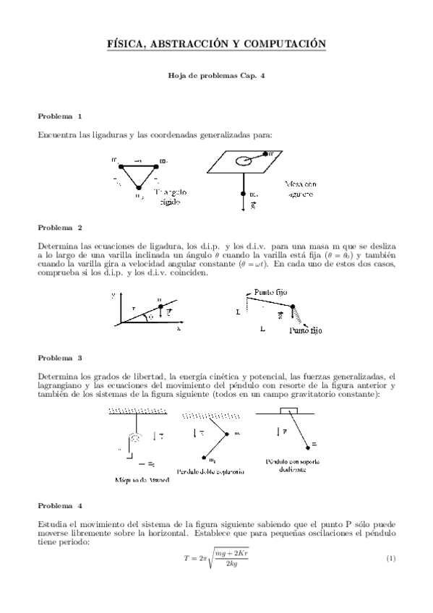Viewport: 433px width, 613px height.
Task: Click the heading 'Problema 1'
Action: (60, 116)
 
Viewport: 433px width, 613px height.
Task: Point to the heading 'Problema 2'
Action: (60, 228)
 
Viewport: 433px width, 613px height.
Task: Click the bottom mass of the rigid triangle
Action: (139, 188)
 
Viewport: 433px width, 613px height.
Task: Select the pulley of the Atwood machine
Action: (133, 437)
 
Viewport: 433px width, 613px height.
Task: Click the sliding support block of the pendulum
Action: (288, 411)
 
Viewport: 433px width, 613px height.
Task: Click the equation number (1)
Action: (390, 559)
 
